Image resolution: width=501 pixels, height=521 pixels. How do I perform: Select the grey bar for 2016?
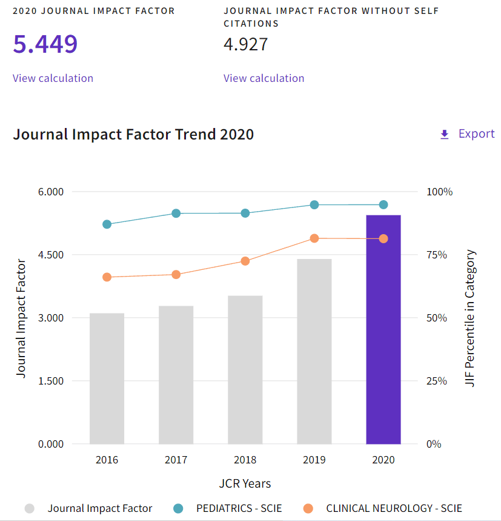pyautogui.click(x=107, y=378)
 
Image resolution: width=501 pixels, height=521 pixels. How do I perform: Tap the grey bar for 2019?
pyautogui.click(x=314, y=351)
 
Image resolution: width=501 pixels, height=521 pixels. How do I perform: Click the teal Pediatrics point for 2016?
pyautogui.click(x=107, y=224)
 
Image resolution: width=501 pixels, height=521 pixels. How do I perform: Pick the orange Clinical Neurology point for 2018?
pyautogui.click(x=245, y=261)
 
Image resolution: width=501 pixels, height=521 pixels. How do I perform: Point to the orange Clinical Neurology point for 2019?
pyautogui.click(x=314, y=238)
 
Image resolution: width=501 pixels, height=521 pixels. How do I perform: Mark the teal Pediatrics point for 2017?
pyautogui.click(x=176, y=213)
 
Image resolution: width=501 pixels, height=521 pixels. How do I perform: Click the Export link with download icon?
pyautogui.click(x=467, y=134)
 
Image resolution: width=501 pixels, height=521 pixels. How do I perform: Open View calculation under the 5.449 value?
pyautogui.click(x=53, y=78)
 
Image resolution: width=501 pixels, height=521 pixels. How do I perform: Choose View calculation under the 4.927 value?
pyautogui.click(x=264, y=78)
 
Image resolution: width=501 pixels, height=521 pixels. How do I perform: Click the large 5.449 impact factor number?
pyautogui.click(x=45, y=44)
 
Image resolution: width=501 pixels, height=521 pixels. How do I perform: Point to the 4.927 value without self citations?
pyautogui.click(x=245, y=44)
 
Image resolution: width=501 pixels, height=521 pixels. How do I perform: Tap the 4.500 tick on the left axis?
pyautogui.click(x=51, y=255)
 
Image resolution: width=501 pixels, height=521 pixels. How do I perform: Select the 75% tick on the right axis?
pyautogui.click(x=436, y=255)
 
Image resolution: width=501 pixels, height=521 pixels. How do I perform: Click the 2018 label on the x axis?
pyautogui.click(x=245, y=460)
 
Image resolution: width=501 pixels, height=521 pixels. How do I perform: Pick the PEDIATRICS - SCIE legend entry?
pyautogui.click(x=239, y=508)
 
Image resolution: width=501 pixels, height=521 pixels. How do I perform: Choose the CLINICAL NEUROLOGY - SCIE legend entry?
pyautogui.click(x=393, y=508)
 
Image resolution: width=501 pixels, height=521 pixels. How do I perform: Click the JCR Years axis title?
pyautogui.click(x=245, y=483)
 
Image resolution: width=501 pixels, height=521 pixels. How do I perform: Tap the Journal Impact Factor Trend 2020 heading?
pyautogui.click(x=133, y=134)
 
